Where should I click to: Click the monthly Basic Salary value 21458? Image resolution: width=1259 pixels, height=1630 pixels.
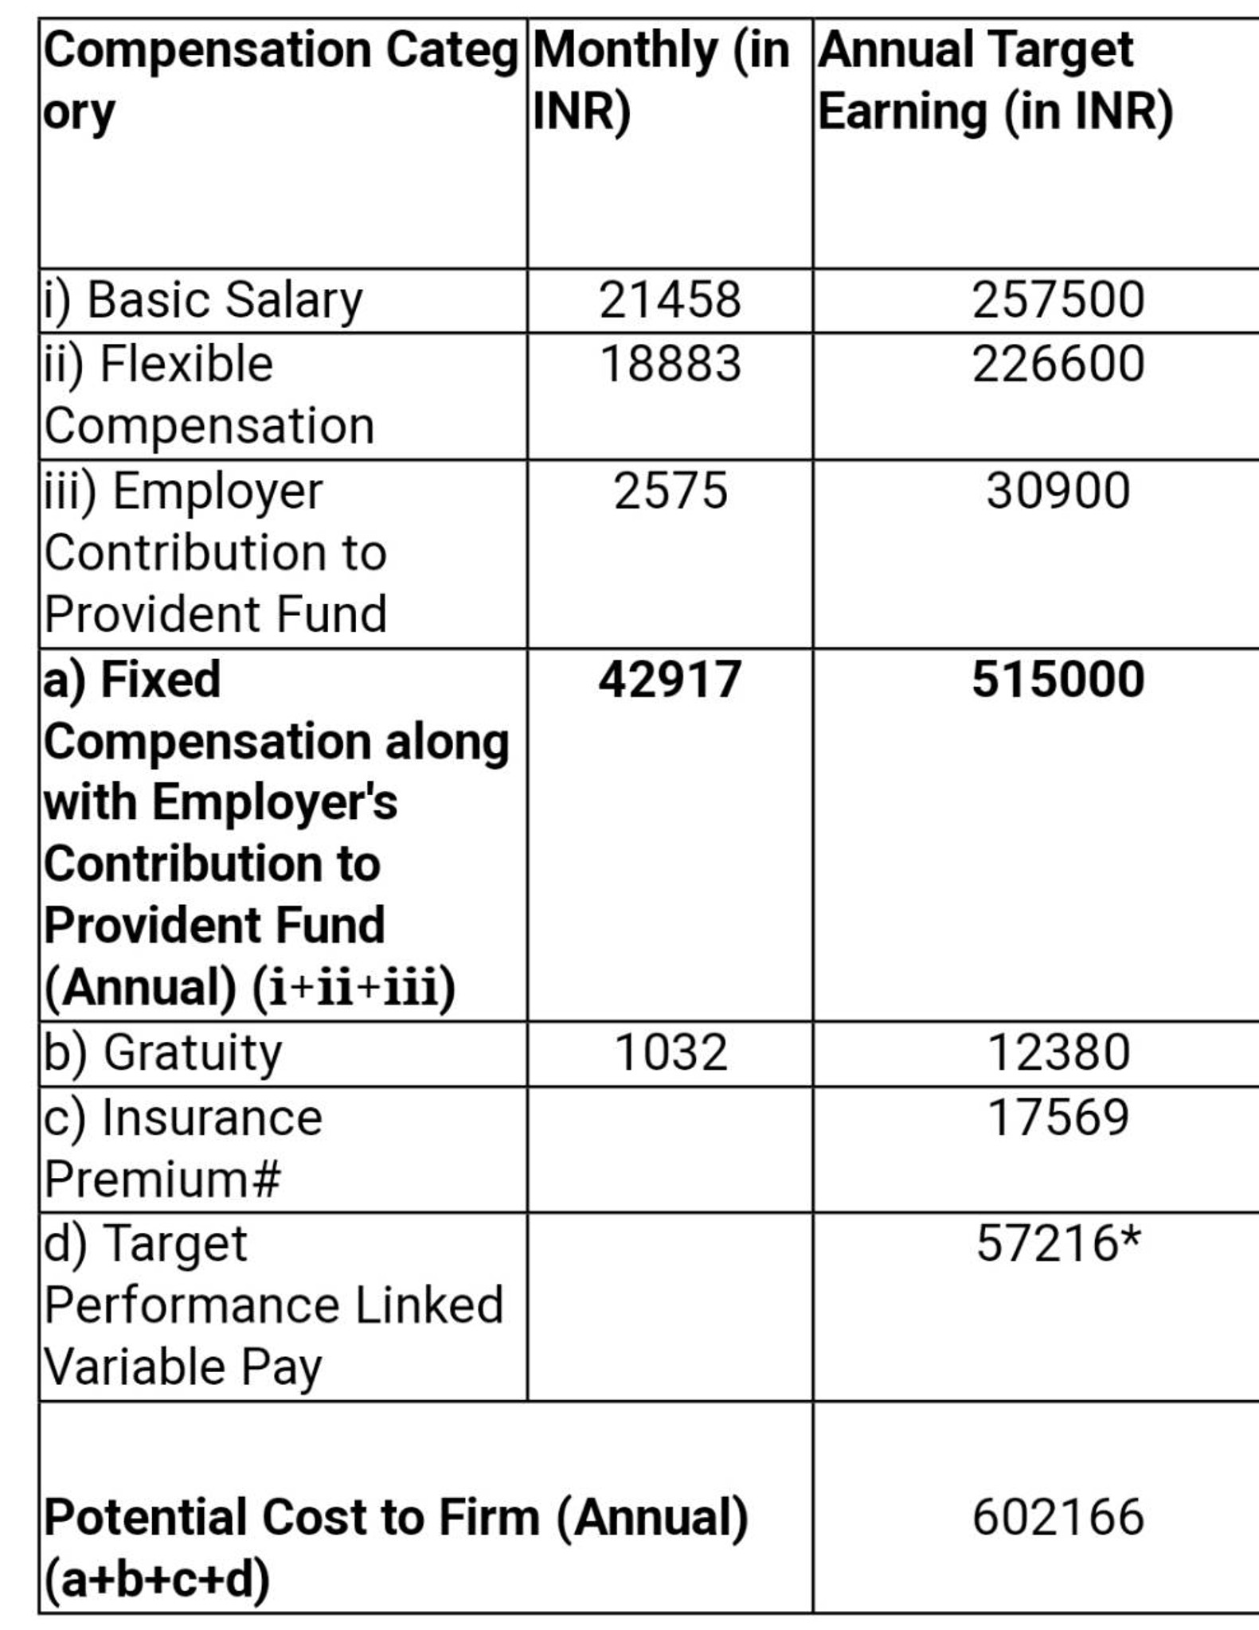tap(670, 301)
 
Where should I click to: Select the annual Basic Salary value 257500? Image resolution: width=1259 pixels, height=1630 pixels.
tap(1058, 301)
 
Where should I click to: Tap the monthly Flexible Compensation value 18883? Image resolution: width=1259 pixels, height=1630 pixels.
tap(670, 365)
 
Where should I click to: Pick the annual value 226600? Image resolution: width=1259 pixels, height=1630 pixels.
tap(1058, 365)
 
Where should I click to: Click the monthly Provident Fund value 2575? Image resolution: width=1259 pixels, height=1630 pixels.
tap(670, 491)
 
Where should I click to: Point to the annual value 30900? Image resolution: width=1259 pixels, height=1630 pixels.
tap(1058, 491)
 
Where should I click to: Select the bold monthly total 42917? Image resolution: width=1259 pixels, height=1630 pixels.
tap(670, 680)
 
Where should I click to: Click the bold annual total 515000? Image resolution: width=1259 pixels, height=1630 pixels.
tap(1058, 680)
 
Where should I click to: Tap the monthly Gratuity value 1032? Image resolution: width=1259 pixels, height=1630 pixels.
tap(670, 1053)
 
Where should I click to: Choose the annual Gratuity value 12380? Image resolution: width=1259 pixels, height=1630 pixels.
tap(1058, 1053)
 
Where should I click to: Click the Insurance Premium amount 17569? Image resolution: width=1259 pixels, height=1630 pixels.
tap(1058, 1117)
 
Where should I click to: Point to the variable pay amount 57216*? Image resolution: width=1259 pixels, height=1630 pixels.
tap(1058, 1244)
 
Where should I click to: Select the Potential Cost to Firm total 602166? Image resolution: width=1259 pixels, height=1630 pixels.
tap(1058, 1517)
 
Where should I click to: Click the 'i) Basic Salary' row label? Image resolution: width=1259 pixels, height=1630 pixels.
tap(203, 301)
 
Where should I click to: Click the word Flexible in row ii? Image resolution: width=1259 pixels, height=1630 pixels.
tap(186, 365)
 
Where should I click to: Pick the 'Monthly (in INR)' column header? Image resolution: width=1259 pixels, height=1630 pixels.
tap(660, 80)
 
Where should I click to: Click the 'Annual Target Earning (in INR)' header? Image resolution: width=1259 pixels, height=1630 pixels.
tap(995, 80)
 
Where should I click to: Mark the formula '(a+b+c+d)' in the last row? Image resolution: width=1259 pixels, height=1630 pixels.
tap(157, 1579)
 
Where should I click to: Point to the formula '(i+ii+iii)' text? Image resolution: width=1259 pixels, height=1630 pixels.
tap(354, 988)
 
